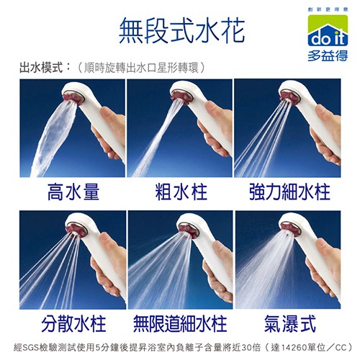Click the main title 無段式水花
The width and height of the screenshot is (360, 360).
pyautogui.click(x=182, y=31)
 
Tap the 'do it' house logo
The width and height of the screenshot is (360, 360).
pyautogui.click(x=328, y=30)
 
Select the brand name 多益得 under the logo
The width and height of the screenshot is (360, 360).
pyautogui.click(x=328, y=55)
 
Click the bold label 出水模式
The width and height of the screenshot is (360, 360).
pyautogui.click(x=41, y=68)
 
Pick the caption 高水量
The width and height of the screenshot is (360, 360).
pyautogui.click(x=73, y=192)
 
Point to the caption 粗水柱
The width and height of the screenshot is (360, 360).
pyautogui.click(x=181, y=192)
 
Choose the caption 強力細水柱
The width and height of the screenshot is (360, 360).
pyautogui.click(x=289, y=192)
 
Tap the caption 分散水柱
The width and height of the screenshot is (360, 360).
pyautogui.click(x=73, y=323)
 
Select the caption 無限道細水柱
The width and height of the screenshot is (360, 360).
pyautogui.click(x=180, y=323)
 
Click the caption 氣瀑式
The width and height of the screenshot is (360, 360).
pyautogui.click(x=290, y=323)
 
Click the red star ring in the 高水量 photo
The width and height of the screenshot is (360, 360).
pyautogui.click(x=73, y=98)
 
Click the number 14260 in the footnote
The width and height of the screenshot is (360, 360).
pyautogui.click(x=293, y=348)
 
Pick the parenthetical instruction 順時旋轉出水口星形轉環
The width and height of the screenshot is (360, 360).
pyautogui.click(x=142, y=68)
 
